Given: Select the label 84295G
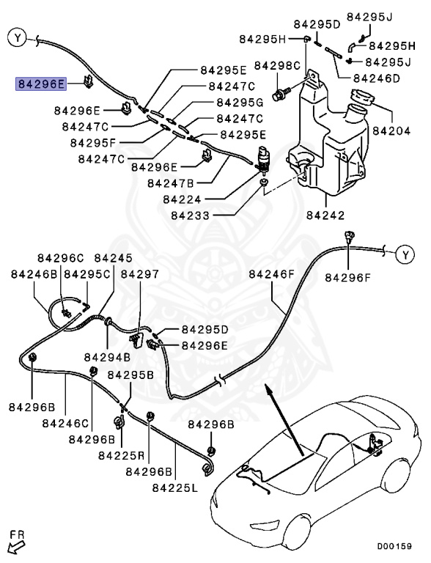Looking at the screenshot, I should pos(240,103).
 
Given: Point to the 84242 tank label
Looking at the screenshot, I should pos(325,216).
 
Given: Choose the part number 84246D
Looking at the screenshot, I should pos(376,78).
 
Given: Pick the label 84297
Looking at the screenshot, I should pos(139,274).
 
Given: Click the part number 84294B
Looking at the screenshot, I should pos(107,357).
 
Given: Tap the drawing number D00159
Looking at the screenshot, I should pos(394,546).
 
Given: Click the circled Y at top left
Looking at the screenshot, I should pos(18,37).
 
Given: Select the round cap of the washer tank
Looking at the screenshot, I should pos(361,97).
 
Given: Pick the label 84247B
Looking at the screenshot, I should pos(171,183).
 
